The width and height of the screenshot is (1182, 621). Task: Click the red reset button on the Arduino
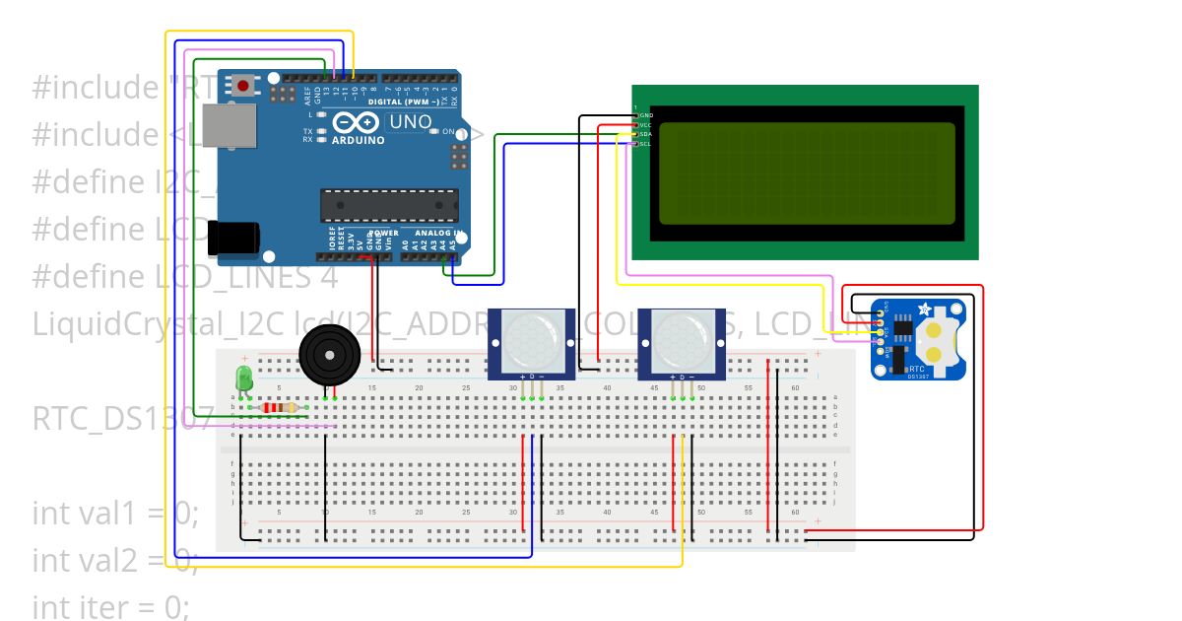coord(242,87)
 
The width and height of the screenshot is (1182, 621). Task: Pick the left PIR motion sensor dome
coord(532,339)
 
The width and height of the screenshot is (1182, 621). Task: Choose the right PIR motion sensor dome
coord(682,339)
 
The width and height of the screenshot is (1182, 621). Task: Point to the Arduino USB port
coord(230,128)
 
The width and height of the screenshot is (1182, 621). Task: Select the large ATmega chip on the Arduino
coord(389,205)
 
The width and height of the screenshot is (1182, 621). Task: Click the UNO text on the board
coord(411,122)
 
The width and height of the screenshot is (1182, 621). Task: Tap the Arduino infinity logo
coord(356,123)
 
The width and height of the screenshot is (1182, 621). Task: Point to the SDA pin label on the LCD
coord(645,134)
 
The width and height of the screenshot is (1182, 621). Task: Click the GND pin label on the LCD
coord(645,115)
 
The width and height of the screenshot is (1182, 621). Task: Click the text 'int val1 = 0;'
coord(115,514)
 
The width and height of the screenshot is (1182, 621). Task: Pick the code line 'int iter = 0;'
coord(110,606)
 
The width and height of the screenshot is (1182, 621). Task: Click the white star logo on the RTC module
coord(924,310)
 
